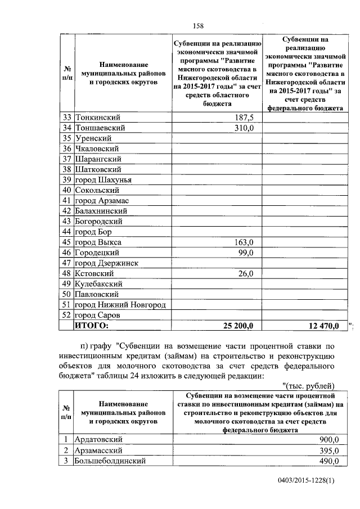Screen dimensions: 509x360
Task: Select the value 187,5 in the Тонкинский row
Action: coord(244,117)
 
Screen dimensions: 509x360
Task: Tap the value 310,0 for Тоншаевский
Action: coord(244,128)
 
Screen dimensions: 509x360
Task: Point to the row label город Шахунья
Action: coord(103,179)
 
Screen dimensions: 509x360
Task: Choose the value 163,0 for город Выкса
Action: coord(244,242)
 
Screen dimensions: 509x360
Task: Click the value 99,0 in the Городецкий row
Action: coord(245,253)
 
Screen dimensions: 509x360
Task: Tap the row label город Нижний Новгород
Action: coord(120,304)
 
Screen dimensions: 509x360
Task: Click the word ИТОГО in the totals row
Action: coord(91,325)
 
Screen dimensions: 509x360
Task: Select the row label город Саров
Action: coord(100,315)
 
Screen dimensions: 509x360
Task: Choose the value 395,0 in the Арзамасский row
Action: coord(328,450)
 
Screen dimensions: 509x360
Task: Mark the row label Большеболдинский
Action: coord(111,461)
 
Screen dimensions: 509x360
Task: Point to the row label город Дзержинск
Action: coord(107,263)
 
